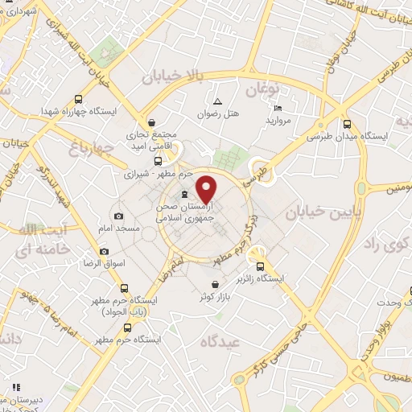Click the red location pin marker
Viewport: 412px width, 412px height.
tap(207, 189)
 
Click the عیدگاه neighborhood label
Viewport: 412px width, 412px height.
tap(221, 341)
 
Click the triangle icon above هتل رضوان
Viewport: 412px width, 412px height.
tap(217, 101)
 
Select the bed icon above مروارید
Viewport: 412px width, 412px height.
tap(278, 109)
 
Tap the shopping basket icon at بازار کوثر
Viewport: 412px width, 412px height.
tap(216, 284)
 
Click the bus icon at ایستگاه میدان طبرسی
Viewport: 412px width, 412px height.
tap(347, 125)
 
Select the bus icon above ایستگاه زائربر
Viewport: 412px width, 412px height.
tap(259, 267)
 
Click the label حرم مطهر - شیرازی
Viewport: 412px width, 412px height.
tap(159, 174)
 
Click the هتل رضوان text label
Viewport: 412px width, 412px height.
tap(219, 115)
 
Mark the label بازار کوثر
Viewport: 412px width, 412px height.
tap(216, 299)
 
